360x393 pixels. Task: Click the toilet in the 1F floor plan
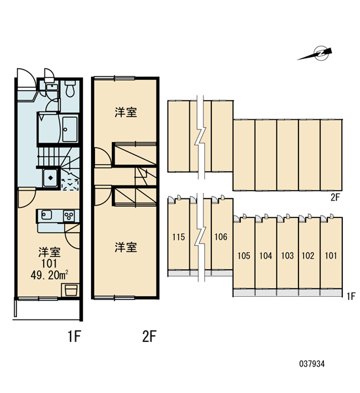69,88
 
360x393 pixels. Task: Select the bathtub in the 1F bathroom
70,129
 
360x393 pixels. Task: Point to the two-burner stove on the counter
69,215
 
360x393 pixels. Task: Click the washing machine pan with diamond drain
50,178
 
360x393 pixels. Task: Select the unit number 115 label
179,237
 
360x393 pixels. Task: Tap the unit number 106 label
221,237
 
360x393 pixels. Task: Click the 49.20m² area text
50,275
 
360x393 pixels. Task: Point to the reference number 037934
312,364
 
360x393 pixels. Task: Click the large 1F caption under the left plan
74,336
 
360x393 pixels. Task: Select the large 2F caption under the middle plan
149,336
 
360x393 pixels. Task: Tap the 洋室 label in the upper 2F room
126,112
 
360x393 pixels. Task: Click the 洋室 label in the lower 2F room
126,247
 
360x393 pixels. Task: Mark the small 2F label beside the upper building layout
335,198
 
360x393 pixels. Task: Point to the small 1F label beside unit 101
351,297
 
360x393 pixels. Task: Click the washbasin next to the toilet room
52,88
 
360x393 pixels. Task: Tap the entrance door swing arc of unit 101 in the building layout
323,219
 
